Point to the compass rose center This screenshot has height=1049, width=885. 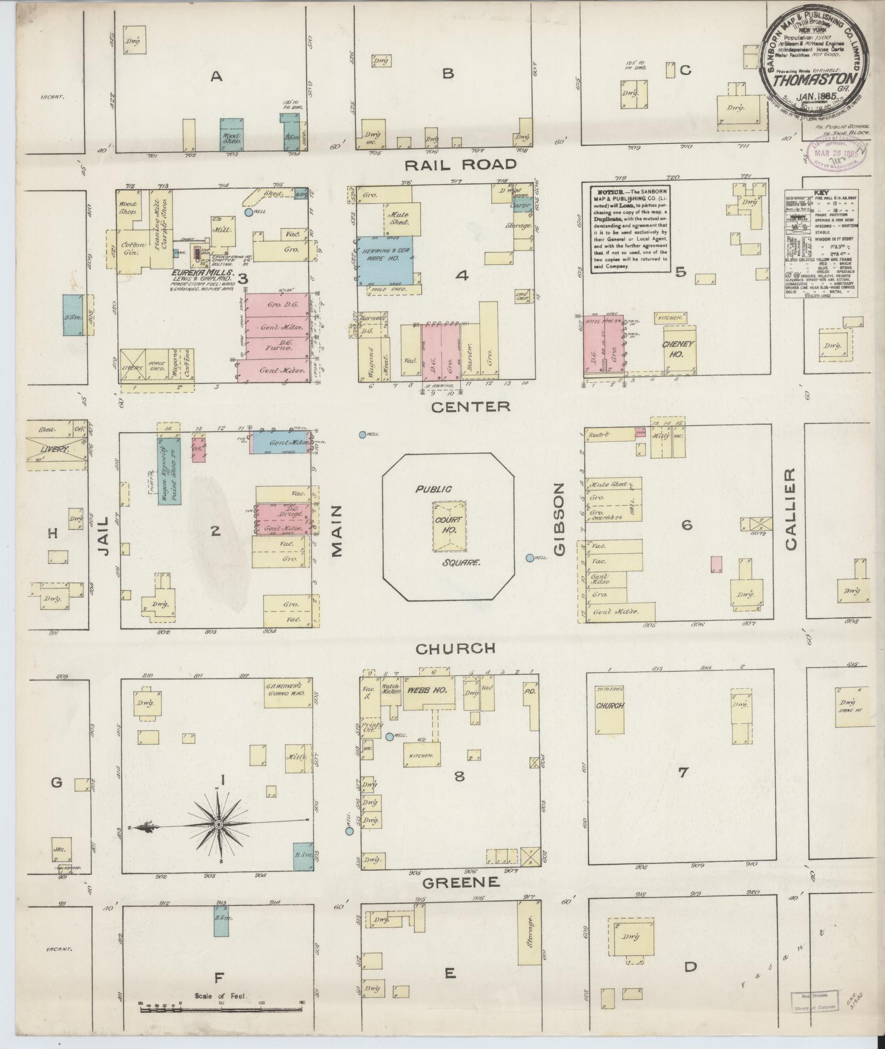218,824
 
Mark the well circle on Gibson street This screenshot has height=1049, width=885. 529,558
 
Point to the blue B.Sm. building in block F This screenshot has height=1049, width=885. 222,920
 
